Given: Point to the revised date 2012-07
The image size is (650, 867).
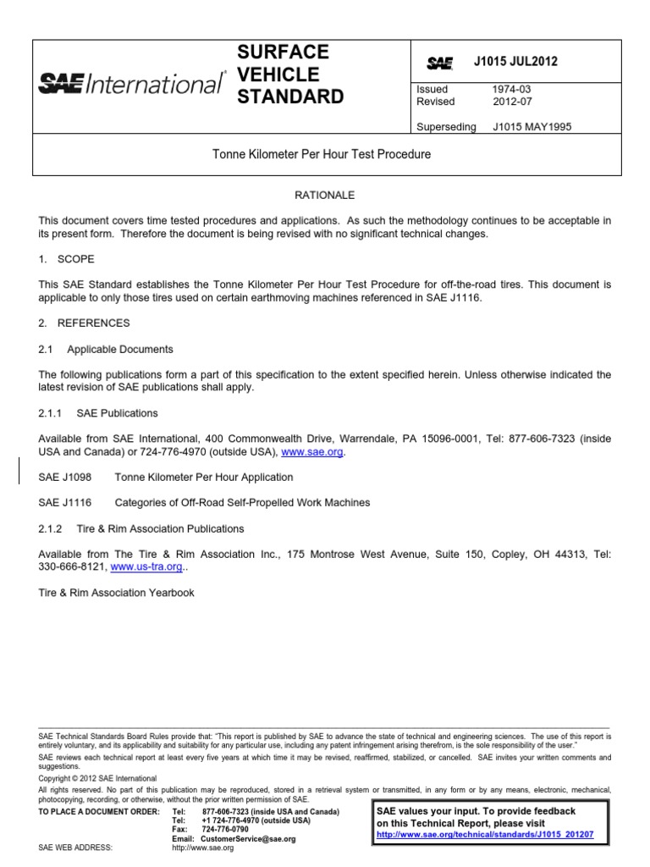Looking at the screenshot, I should [510, 102].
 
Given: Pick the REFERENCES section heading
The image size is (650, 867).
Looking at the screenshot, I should [84, 323].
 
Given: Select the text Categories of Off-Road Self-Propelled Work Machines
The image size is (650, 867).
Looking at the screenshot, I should [242, 503].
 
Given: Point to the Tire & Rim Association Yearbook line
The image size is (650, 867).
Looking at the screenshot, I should [117, 593].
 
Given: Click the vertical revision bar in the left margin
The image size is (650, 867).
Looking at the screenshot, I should [20, 471].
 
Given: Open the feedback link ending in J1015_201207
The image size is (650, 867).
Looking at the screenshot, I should [485, 834].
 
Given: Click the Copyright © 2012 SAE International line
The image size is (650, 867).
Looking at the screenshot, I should [97, 778].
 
